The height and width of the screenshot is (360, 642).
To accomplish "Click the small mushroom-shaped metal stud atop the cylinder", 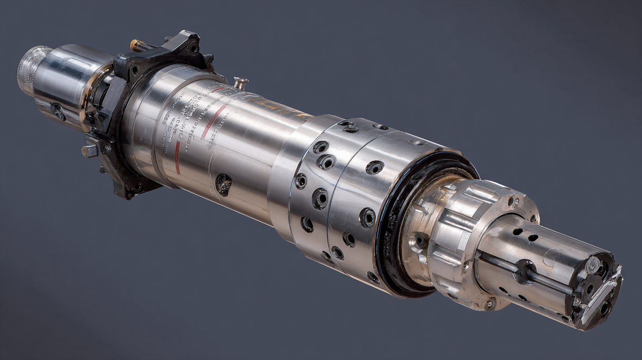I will point(241,82).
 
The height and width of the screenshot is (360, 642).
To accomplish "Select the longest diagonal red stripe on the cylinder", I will point(214,122).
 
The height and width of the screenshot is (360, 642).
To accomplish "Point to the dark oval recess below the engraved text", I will point(224,184).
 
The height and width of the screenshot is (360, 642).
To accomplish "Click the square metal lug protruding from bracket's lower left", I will point(90,150).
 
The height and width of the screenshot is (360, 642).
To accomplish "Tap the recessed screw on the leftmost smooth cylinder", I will point(57,111).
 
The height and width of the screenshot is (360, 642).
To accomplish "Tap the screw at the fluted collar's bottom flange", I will point(488,304).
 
